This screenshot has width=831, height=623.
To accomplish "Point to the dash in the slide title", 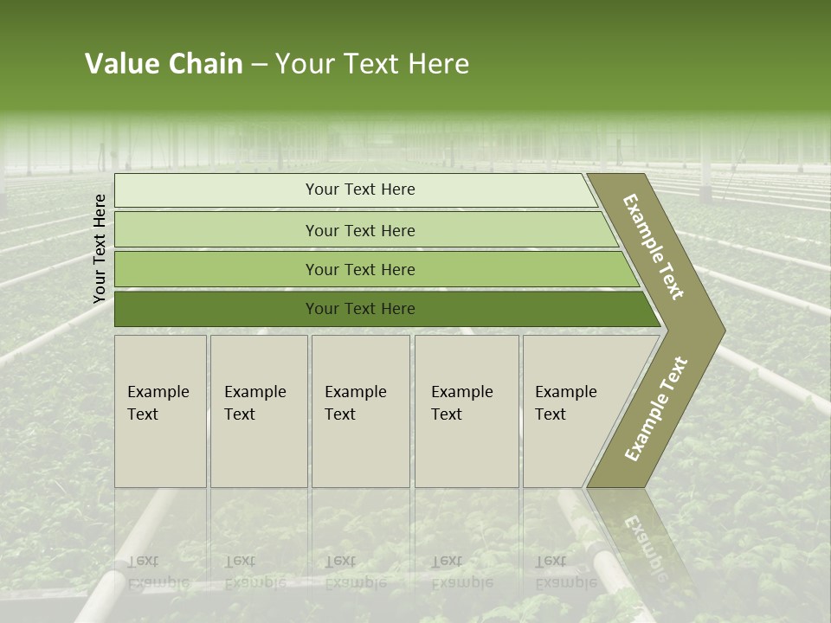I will (259, 65).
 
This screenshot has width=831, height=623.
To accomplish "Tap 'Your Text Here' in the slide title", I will (372, 64).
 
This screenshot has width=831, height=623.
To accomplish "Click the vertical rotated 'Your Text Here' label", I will (100, 248).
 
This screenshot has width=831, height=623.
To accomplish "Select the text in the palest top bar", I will (360, 189).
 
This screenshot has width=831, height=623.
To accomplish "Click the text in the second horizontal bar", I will (360, 230).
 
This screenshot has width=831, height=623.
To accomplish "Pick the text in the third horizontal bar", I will (360, 269).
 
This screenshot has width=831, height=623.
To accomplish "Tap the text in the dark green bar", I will (360, 308).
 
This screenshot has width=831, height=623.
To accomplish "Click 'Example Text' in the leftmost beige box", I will (158, 403).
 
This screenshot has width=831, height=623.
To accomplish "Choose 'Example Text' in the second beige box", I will (254, 403).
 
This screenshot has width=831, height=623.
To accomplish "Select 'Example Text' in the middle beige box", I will (355, 403).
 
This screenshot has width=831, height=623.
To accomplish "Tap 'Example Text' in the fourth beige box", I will (461, 403).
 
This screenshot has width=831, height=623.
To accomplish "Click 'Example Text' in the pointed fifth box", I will (565, 403).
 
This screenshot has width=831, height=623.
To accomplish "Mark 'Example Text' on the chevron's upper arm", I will (654, 247).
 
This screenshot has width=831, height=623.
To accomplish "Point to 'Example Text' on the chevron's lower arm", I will (656, 408).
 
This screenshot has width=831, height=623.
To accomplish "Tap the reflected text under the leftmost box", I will (158, 572).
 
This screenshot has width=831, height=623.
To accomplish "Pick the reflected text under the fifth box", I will (565, 572).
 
